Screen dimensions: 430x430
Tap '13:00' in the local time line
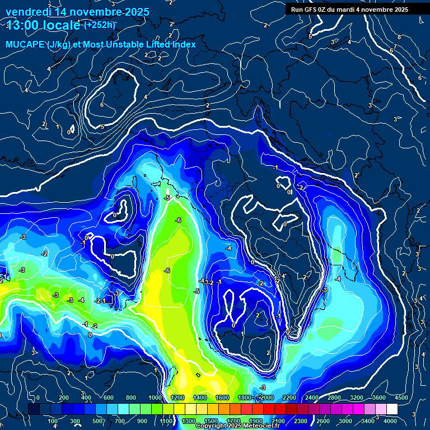tap(21, 25)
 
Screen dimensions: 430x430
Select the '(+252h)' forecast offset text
tap(99, 25)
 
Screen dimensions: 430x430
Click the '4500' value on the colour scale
tap(401, 398)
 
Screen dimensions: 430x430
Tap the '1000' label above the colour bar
tap(155, 398)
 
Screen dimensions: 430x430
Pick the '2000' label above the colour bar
tap(266, 398)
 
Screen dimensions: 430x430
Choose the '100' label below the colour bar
tap(54, 421)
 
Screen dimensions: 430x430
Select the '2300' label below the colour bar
tap(300, 421)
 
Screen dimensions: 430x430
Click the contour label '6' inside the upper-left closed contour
tap(101, 105)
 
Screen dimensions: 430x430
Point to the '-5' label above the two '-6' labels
tap(167, 198)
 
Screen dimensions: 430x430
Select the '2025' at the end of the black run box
tap(400, 10)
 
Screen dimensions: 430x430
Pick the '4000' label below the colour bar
tap(390, 421)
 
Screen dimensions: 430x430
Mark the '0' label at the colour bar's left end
tap(38, 398)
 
